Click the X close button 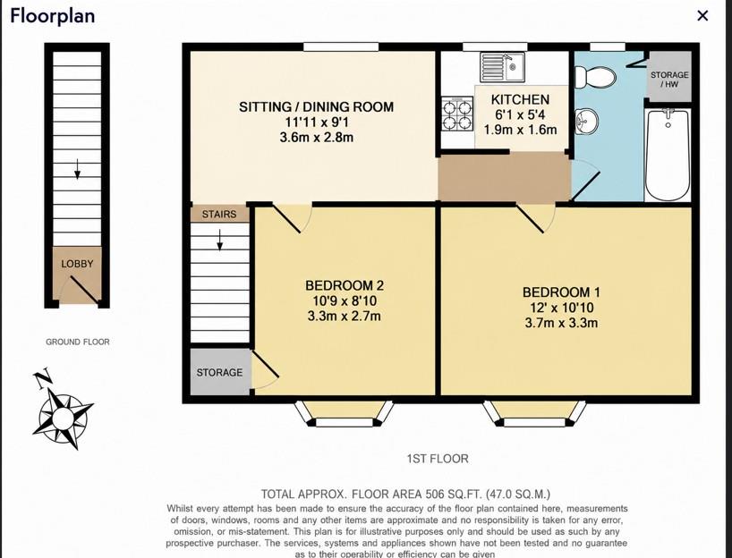coord(702,16)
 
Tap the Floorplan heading coord(52,16)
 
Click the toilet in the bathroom coord(595,77)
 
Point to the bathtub coord(668,155)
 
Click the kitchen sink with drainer coord(502,67)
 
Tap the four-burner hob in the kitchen coord(457,114)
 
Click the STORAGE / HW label coord(669,80)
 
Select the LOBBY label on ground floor coord(77,264)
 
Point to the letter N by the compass coord(43,379)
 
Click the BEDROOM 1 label coord(561,292)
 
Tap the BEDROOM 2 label coord(345,285)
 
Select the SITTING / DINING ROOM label coord(316,106)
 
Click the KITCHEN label coord(520,99)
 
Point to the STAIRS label coord(219,214)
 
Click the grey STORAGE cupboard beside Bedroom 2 coord(220,372)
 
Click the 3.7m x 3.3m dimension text coord(561,323)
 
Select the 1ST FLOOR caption coord(438,459)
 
